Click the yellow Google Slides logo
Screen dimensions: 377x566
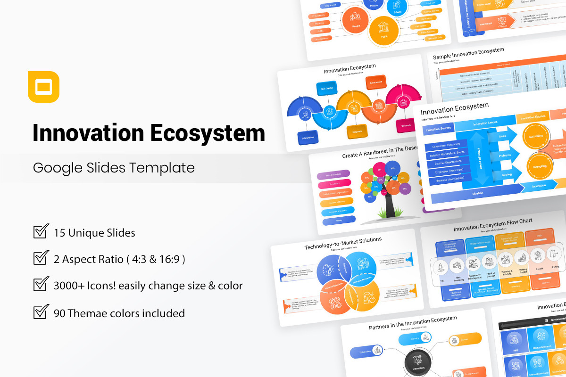click(x=43, y=87)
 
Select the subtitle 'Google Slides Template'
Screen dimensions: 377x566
click(x=114, y=168)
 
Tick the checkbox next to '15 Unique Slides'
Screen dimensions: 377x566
click(x=41, y=232)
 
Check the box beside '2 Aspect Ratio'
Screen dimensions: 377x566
click(x=41, y=258)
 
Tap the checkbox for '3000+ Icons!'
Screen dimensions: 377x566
click(x=41, y=285)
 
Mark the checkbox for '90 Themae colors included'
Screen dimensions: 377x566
click(x=41, y=312)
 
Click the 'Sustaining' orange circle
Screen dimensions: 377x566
click(x=536, y=136)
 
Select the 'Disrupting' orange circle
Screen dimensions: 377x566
click(x=539, y=166)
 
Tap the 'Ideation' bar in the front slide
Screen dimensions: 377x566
click(x=476, y=193)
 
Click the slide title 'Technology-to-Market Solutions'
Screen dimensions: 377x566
click(x=343, y=244)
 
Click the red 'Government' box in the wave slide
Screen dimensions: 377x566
click(x=376, y=82)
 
